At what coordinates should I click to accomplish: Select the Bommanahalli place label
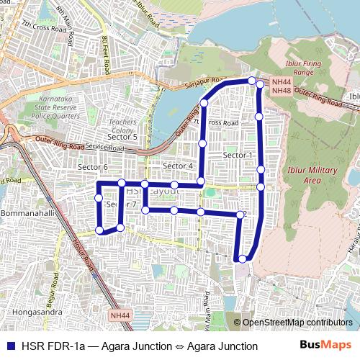point(26,215)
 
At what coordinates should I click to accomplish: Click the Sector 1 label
point(238,155)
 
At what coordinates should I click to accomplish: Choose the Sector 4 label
point(178,166)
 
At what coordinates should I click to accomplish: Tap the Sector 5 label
point(122,137)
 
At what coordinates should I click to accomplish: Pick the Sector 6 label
point(92,167)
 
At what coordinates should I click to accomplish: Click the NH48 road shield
point(282,91)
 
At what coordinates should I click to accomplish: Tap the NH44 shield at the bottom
point(120,315)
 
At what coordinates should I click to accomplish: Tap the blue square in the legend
point(10,346)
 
